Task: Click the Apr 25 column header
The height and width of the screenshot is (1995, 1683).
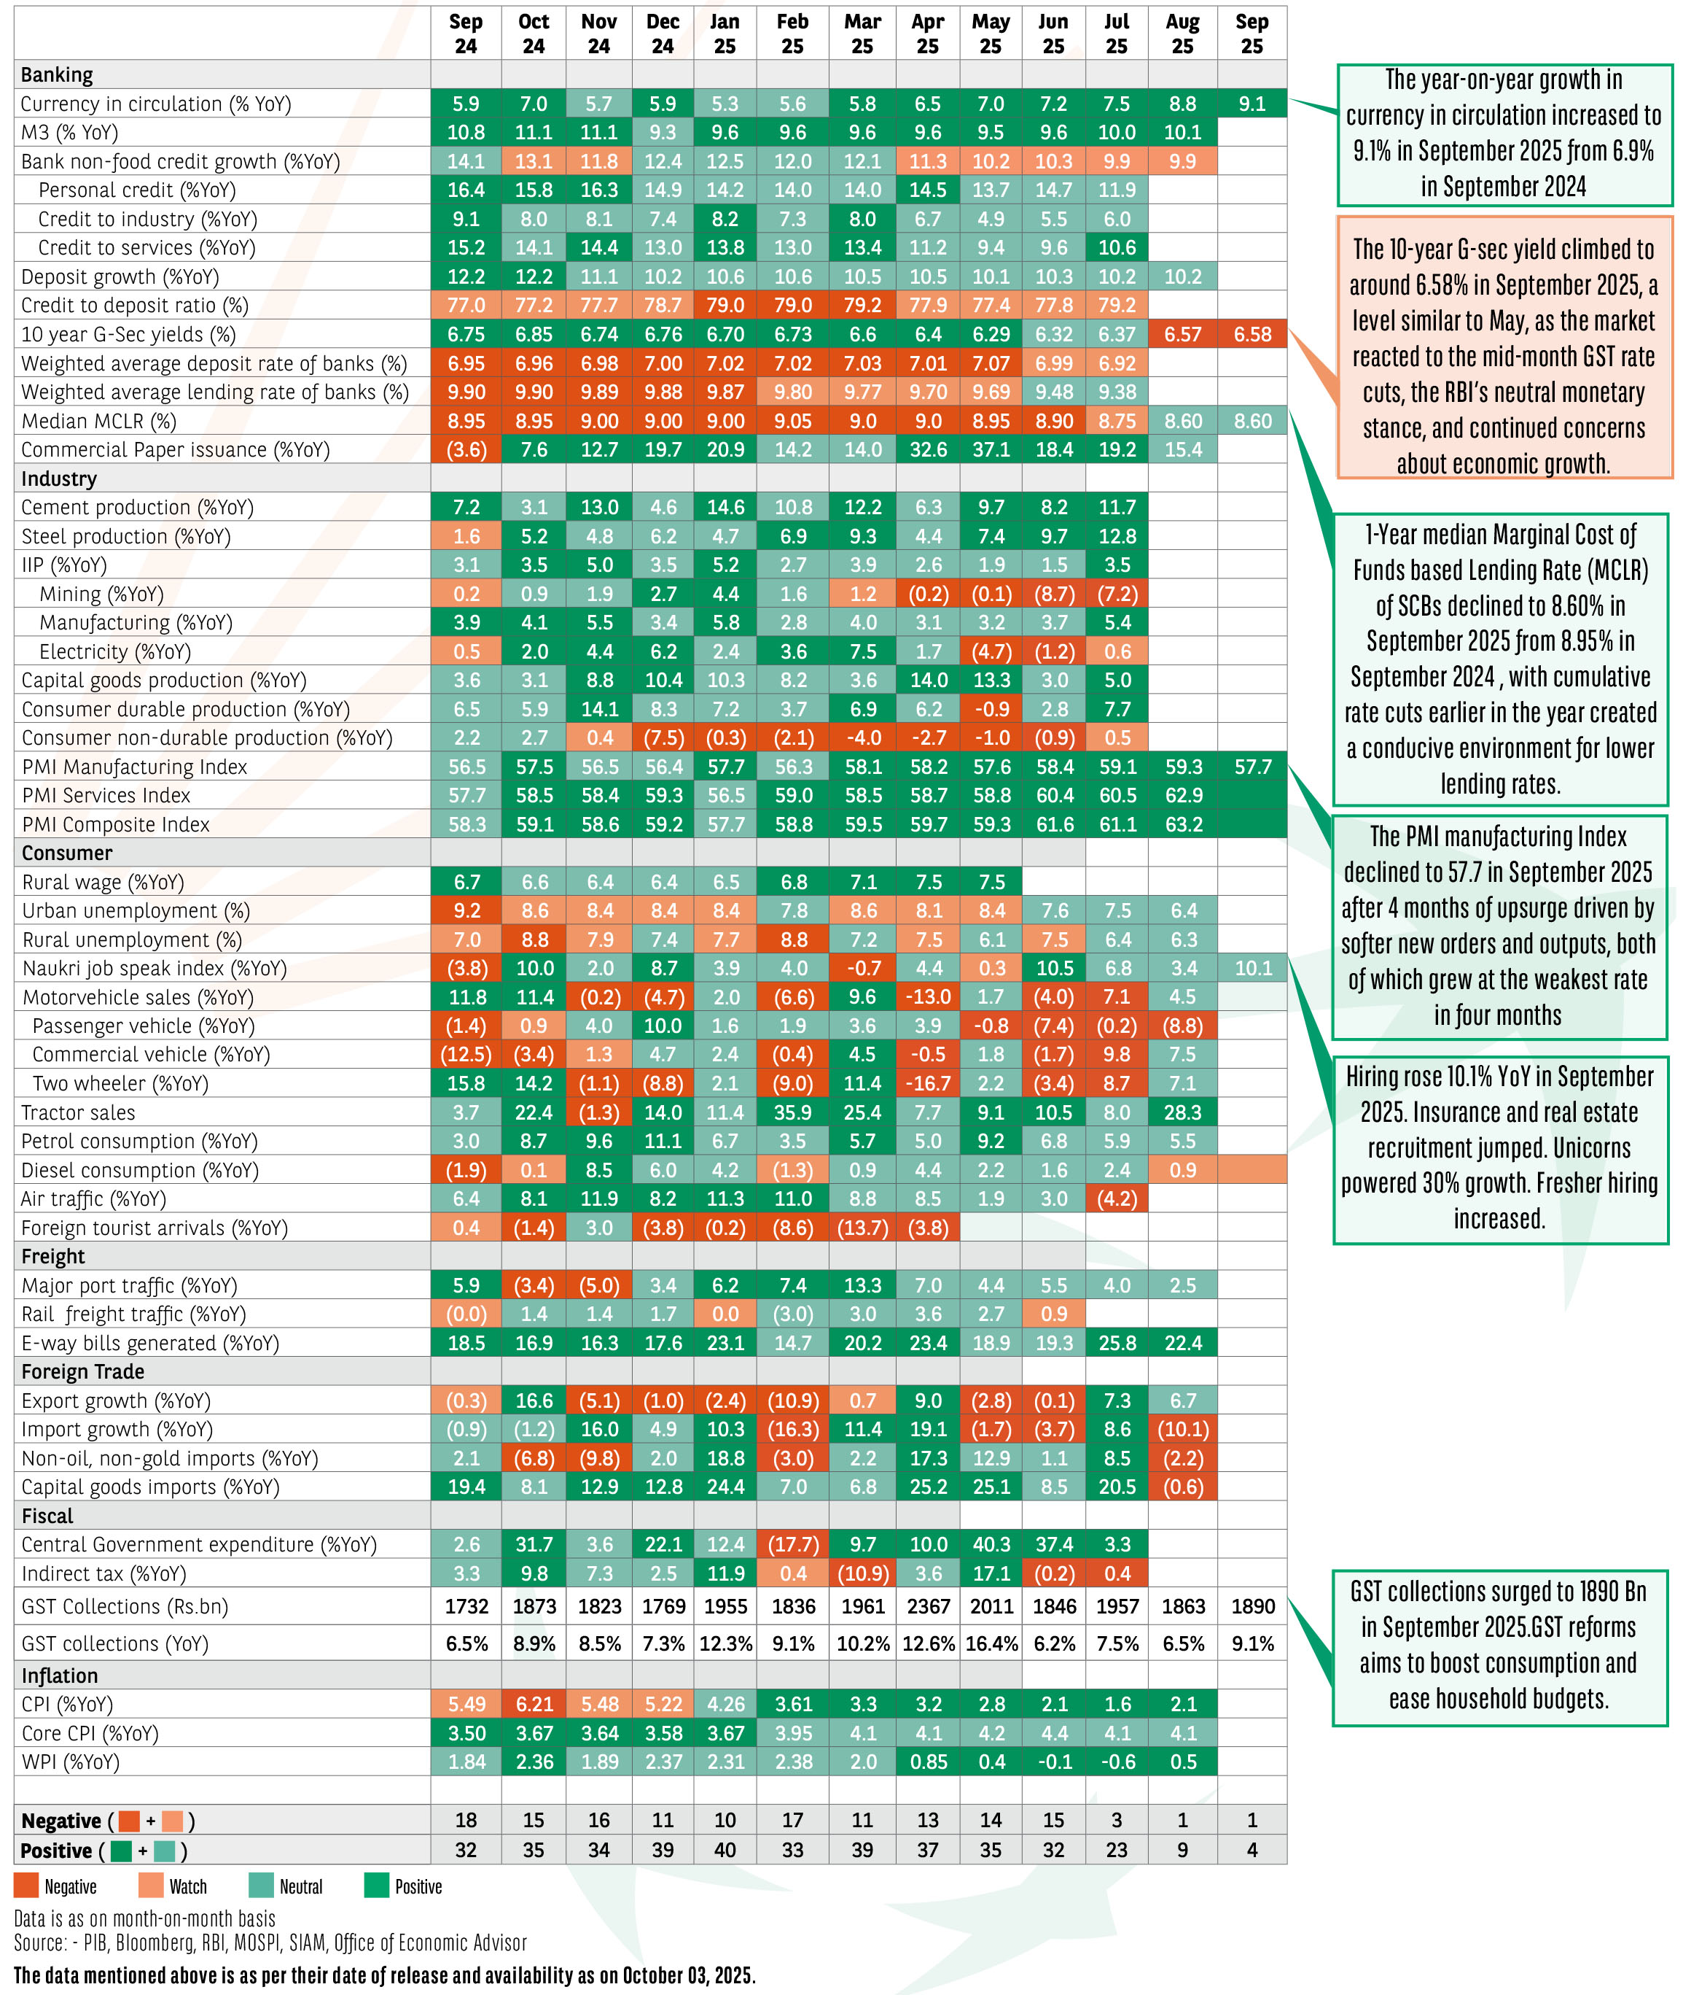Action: (x=927, y=34)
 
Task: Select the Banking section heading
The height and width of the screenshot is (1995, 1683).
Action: (x=58, y=74)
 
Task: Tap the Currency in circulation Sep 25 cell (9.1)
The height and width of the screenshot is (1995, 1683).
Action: (x=1251, y=103)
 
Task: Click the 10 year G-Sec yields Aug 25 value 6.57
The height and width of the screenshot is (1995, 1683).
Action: (x=1182, y=334)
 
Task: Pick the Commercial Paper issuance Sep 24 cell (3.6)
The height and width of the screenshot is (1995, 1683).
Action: (x=466, y=449)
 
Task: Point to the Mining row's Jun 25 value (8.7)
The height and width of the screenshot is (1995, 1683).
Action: (x=1053, y=594)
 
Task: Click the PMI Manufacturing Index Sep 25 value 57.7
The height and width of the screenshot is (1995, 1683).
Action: (x=1251, y=767)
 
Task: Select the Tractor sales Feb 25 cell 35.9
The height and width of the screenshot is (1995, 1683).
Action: (x=793, y=1112)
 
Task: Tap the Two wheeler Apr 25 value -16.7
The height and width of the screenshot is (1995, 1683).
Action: (x=927, y=1083)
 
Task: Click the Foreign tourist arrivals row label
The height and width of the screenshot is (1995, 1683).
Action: (x=155, y=1228)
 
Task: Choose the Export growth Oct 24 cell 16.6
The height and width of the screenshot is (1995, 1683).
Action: (x=534, y=1401)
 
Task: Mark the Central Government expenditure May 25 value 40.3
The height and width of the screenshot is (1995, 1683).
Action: (x=991, y=1544)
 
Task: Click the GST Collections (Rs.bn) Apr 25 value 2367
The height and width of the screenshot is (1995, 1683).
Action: (x=927, y=1606)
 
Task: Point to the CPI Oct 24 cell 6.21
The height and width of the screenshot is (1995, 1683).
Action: (x=534, y=1704)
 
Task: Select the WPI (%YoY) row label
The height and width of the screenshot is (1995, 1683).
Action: (x=71, y=1761)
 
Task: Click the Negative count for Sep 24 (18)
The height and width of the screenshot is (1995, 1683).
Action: (x=466, y=1821)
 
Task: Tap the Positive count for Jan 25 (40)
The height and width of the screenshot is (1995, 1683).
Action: (x=725, y=1850)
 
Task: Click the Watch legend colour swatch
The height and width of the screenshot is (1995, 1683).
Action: (x=151, y=1886)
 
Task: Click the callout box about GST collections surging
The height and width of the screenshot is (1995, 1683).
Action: (x=1499, y=1649)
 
